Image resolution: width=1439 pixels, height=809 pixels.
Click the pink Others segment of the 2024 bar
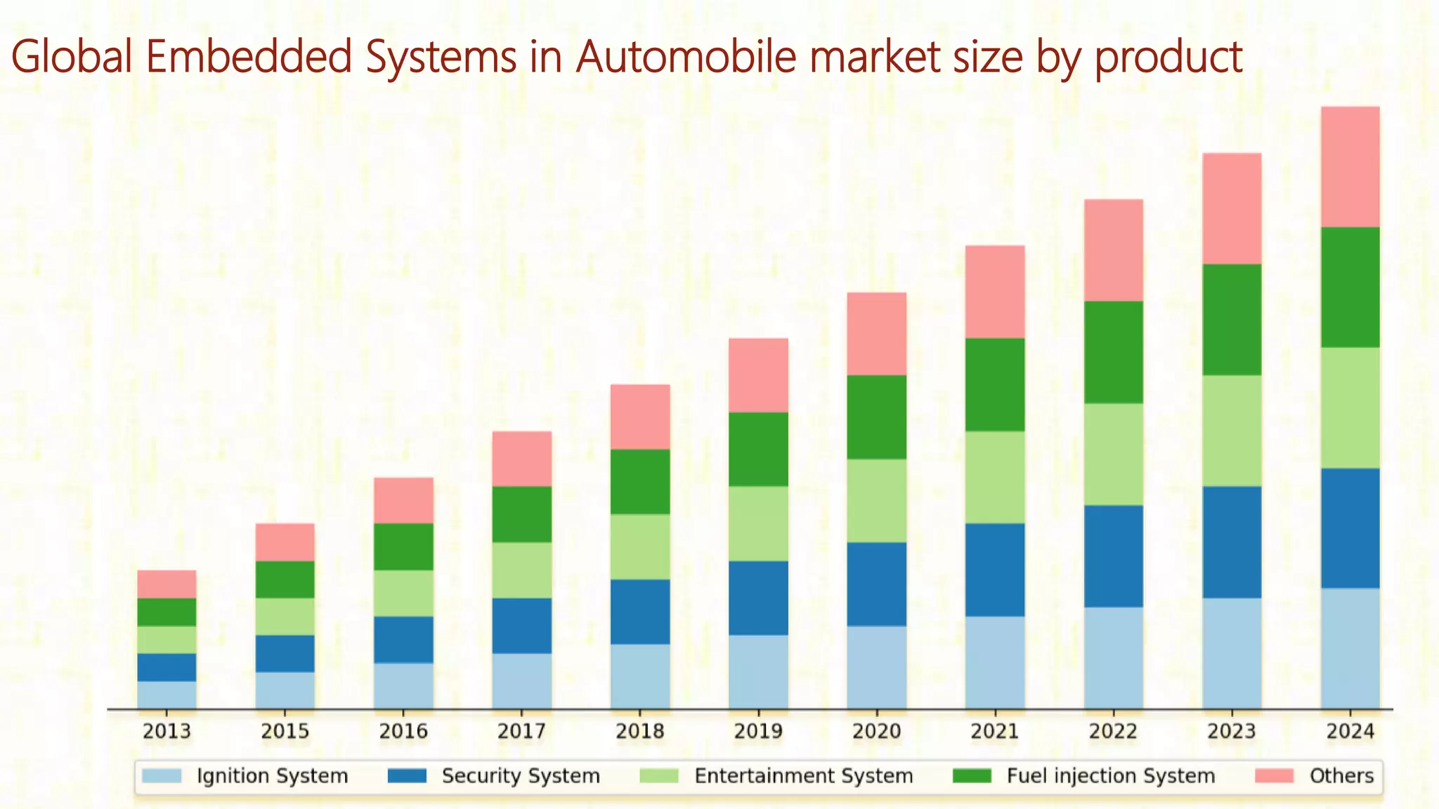tap(1350, 166)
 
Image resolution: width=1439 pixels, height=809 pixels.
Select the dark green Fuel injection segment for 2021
tap(994, 384)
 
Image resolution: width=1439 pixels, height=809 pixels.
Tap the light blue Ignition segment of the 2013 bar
tap(167, 695)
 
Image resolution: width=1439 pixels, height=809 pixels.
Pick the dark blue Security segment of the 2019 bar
tap(757, 598)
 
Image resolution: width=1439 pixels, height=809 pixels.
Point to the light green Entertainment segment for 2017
tap(521, 570)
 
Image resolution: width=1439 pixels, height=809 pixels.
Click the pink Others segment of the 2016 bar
tap(403, 500)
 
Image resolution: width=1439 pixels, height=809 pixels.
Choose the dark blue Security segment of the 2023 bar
tap(1231, 541)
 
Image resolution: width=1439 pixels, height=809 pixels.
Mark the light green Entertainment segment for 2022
tap(1113, 454)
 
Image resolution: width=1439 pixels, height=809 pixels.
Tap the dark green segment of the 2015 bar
tap(285, 579)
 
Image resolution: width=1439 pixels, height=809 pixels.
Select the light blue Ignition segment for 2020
tap(876, 667)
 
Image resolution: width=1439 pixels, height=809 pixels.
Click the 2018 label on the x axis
tap(639, 732)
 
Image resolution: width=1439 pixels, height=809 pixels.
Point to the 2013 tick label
tap(167, 732)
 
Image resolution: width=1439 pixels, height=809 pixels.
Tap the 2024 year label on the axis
tap(1350, 732)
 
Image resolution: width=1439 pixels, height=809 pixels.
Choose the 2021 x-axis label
tap(994, 732)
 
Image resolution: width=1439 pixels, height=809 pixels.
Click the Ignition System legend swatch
tap(162, 776)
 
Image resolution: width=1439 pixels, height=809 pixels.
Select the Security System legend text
tap(521, 776)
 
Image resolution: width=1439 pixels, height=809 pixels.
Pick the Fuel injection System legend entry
tap(1110, 776)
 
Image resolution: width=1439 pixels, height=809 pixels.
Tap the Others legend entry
tap(1341, 776)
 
